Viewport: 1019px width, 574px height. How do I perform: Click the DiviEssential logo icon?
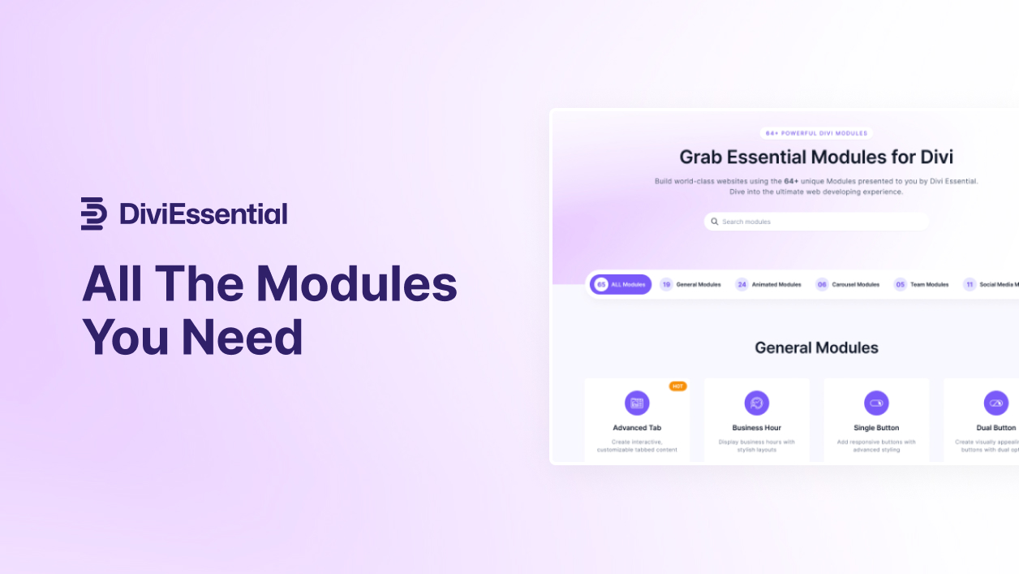[x=93, y=214]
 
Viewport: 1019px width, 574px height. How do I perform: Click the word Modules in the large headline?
[x=356, y=284]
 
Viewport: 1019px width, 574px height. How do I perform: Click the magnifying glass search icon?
[x=715, y=222]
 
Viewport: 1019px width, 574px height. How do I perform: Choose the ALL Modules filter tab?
[x=621, y=284]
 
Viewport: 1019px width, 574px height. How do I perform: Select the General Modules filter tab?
[x=690, y=284]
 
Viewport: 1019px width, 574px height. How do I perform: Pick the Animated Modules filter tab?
[x=768, y=284]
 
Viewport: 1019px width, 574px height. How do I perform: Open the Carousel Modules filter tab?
[x=848, y=284]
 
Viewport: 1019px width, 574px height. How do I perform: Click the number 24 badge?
[x=742, y=284]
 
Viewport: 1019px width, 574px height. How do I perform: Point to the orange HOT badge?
[x=677, y=386]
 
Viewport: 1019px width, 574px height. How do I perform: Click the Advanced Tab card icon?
[x=637, y=403]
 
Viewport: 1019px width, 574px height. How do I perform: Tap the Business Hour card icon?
[x=757, y=403]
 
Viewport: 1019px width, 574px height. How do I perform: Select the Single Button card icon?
[x=876, y=403]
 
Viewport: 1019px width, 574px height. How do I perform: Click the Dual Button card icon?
[x=996, y=403]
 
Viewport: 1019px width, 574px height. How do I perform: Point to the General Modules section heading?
[x=816, y=347]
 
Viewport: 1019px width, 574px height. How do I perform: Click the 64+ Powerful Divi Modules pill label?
[x=816, y=133]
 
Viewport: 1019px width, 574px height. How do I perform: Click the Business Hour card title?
[x=757, y=428]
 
